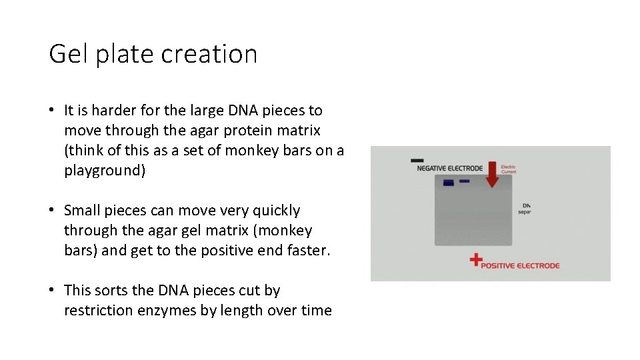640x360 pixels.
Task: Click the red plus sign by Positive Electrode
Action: tap(475, 260)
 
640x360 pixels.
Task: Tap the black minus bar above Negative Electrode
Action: tap(417, 160)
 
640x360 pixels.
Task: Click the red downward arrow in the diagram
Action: tap(492, 175)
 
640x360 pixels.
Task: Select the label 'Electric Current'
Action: tap(508, 169)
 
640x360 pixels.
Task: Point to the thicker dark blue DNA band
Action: tap(449, 183)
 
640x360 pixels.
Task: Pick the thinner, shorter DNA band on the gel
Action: tap(465, 181)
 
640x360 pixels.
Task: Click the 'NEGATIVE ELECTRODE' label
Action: tap(449, 169)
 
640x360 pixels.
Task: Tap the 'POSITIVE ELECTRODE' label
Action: tap(521, 265)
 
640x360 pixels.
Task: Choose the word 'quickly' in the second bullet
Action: tap(275, 211)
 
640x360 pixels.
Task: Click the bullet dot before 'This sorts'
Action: tap(53, 291)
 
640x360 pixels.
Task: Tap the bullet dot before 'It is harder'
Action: tap(53, 110)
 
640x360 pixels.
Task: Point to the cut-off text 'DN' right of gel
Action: tap(527, 205)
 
